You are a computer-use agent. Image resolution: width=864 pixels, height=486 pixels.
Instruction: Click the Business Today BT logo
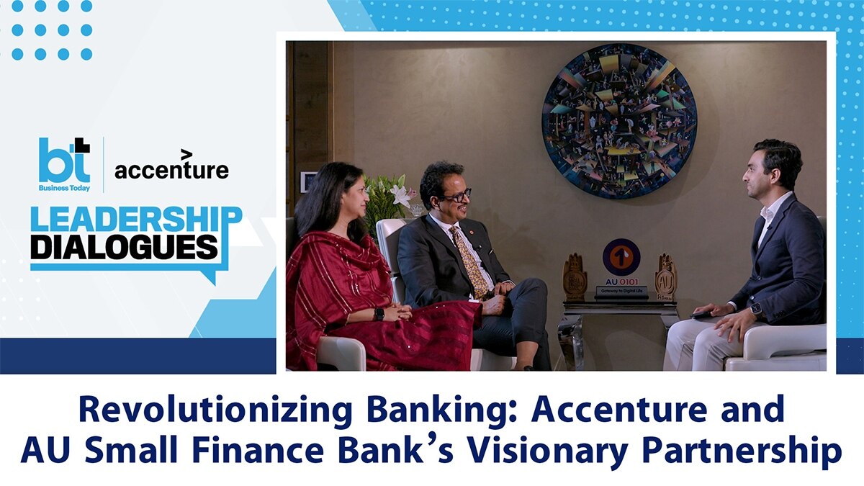pyautogui.click(x=65, y=163)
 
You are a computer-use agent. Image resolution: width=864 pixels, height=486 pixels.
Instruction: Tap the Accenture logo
pyautogui.click(x=171, y=168)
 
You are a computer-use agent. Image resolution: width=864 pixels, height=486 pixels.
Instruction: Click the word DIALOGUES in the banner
pyautogui.click(x=124, y=247)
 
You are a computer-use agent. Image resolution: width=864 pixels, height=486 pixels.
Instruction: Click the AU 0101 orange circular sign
pyautogui.click(x=621, y=257)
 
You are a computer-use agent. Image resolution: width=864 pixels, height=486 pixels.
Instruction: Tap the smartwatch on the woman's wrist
pyautogui.click(x=378, y=314)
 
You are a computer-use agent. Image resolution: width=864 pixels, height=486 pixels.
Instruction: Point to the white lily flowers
pyautogui.click(x=393, y=195)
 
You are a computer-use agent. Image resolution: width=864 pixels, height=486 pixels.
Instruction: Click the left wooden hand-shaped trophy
pyautogui.click(x=575, y=275)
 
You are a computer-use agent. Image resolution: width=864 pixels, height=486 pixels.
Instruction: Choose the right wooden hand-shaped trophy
pyautogui.click(x=666, y=276)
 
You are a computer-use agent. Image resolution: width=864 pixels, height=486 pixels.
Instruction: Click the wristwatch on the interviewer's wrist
pyautogui.click(x=755, y=309)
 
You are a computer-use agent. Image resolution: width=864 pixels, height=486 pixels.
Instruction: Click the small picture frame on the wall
pyautogui.click(x=307, y=181)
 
